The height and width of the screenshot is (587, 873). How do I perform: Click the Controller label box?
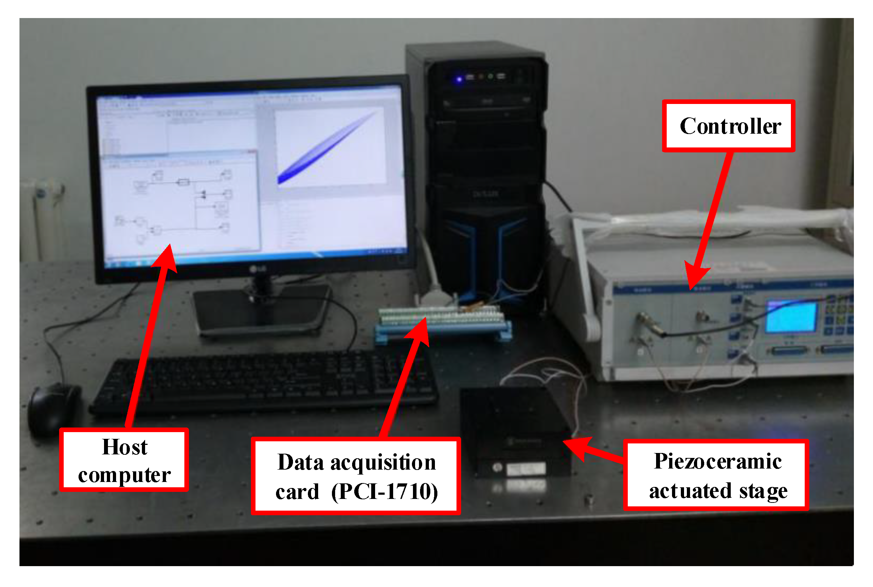click(728, 126)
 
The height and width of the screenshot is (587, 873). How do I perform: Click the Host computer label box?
click(124, 460)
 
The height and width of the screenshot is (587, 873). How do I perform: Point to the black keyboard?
click(262, 382)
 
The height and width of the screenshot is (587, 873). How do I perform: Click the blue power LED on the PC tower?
click(459, 79)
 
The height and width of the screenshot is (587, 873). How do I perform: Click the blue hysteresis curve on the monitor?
click(326, 148)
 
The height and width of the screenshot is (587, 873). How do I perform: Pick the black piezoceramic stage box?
click(515, 430)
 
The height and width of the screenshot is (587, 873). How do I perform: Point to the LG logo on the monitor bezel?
click(258, 269)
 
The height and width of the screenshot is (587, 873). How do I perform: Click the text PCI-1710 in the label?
click(385, 491)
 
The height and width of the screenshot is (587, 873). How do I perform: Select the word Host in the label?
click(125, 447)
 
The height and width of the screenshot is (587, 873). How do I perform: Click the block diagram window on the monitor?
click(180, 202)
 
